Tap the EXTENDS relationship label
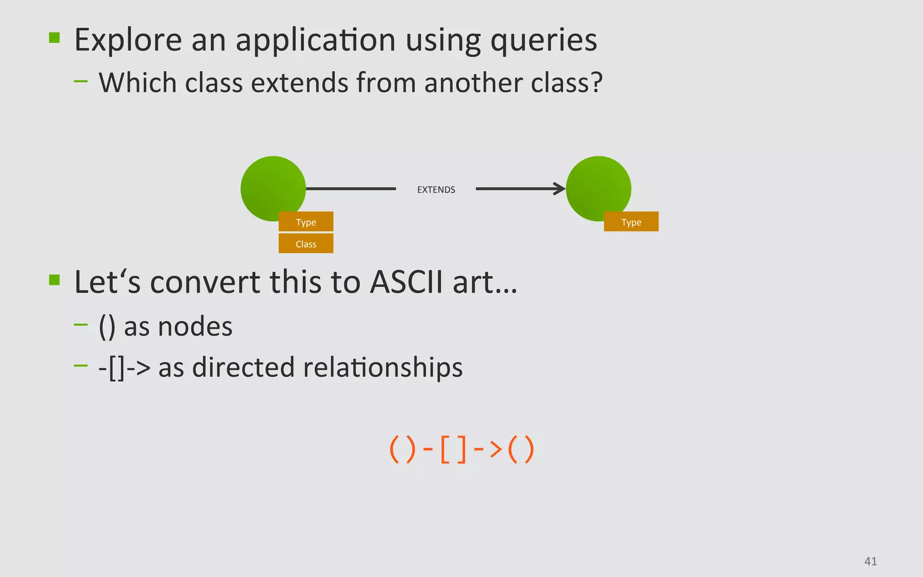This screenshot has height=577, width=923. pyautogui.click(x=436, y=190)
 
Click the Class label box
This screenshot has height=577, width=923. pyautogui.click(x=306, y=244)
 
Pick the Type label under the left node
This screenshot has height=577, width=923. pyautogui.click(x=306, y=222)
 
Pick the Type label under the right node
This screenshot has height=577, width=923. pyautogui.click(x=631, y=222)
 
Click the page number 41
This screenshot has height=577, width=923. pyautogui.click(x=870, y=561)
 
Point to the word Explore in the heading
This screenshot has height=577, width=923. pyautogui.click(x=128, y=41)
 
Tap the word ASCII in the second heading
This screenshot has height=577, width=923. pyautogui.click(x=406, y=282)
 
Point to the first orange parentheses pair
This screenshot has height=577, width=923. pyautogui.click(x=402, y=449)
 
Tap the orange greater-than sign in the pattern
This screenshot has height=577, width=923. pyautogui.click(x=496, y=449)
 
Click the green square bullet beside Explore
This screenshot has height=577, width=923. pyautogui.click(x=55, y=37)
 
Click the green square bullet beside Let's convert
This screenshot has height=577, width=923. pyautogui.click(x=55, y=280)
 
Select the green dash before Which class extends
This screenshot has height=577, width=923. pyautogui.click(x=81, y=82)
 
